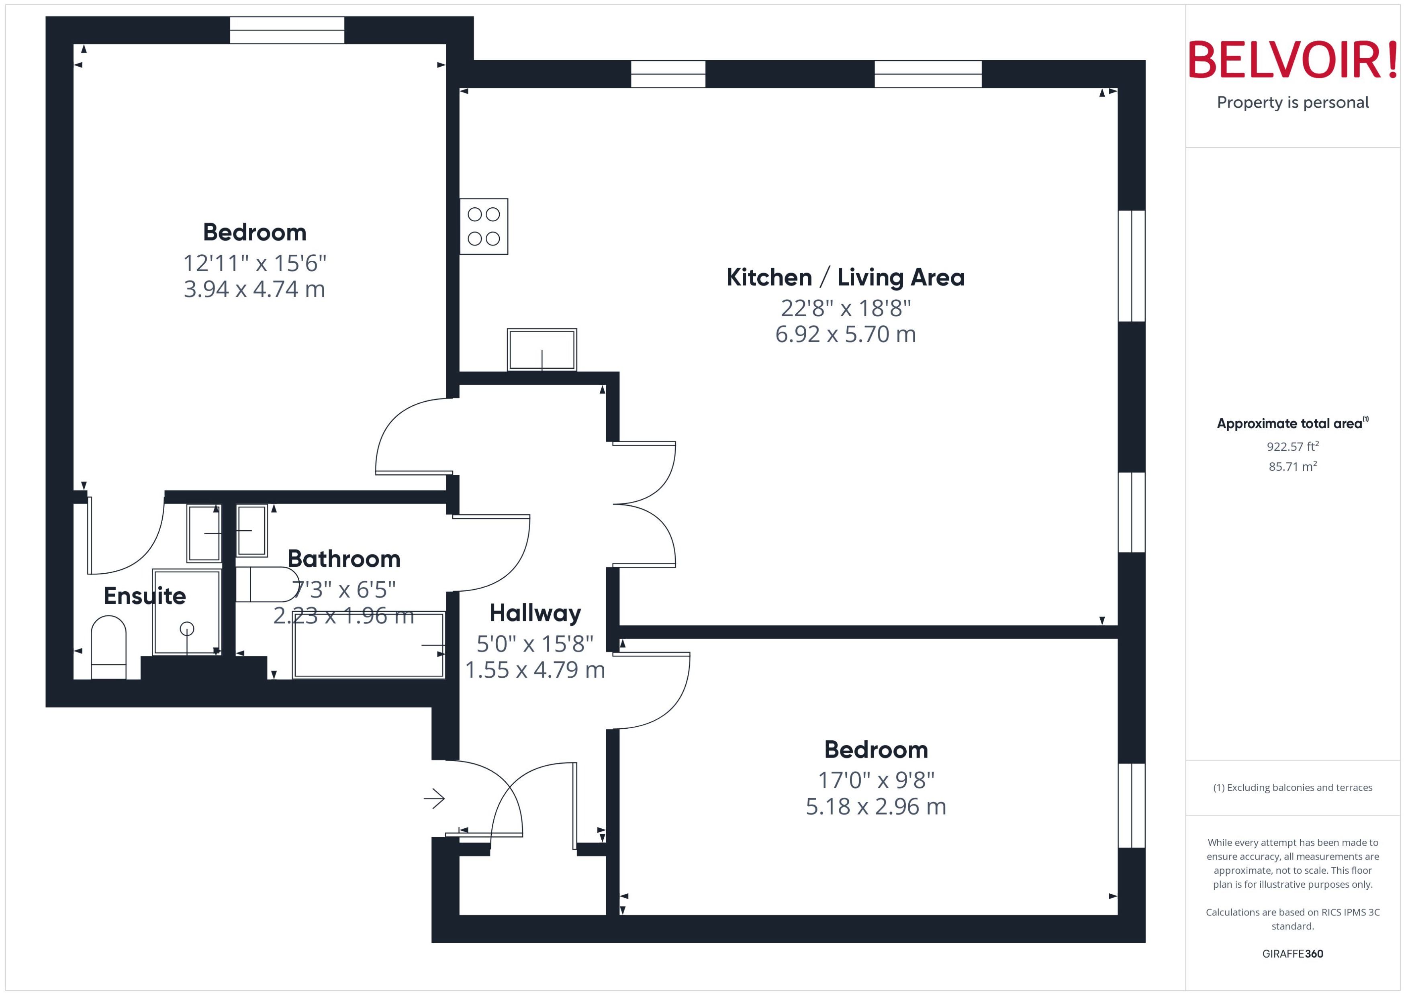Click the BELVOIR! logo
tap(1293, 60)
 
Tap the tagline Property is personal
tap(1293, 102)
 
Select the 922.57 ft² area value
tap(1292, 447)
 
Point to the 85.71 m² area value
tap(1292, 466)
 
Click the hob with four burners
tap(483, 226)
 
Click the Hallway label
tap(535, 613)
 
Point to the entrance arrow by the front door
tap(434, 798)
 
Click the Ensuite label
tap(145, 596)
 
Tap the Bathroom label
tap(344, 559)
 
